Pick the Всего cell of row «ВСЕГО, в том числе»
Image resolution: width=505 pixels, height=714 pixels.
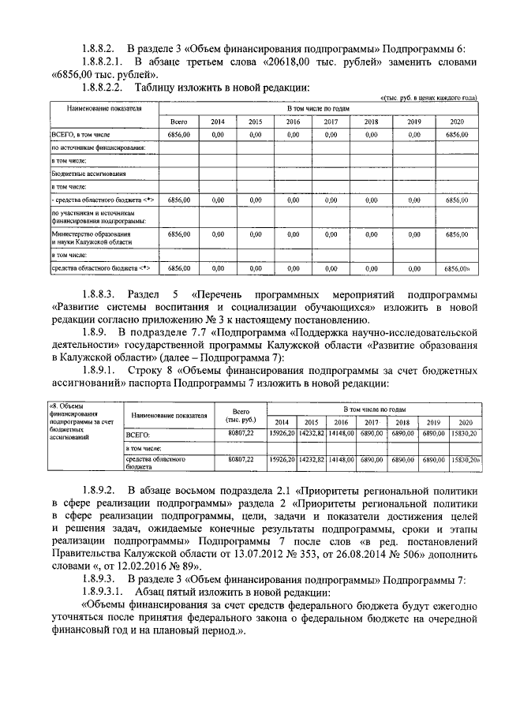coord(179,136)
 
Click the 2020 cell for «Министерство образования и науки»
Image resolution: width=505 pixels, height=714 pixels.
coord(457,234)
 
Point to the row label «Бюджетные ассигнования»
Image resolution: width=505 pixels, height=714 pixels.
coord(83,174)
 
